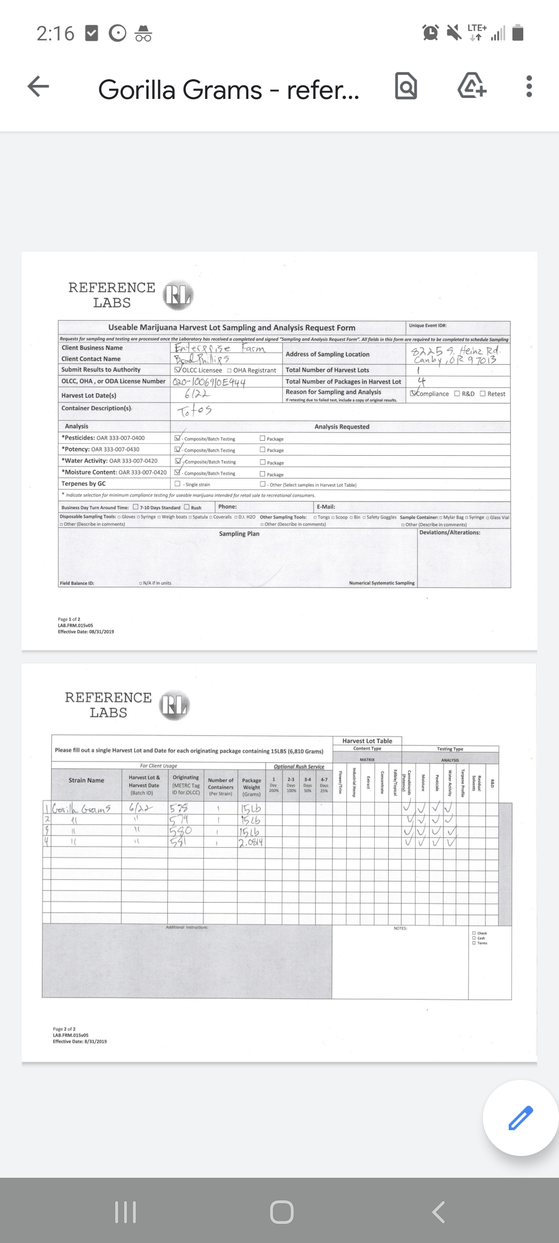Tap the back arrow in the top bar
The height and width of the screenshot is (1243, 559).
pyautogui.click(x=38, y=86)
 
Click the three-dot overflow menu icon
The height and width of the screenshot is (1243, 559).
pyautogui.click(x=528, y=86)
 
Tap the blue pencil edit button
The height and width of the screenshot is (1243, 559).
pyautogui.click(x=520, y=1117)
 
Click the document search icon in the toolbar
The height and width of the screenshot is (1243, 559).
pyautogui.click(x=406, y=86)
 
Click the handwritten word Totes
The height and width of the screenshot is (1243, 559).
pyautogui.click(x=194, y=411)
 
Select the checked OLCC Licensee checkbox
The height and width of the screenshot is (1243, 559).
pyautogui.click(x=178, y=370)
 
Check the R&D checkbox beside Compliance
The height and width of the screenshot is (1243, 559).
pyautogui.click(x=457, y=394)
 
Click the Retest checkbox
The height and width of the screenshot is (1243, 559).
pyautogui.click(x=482, y=394)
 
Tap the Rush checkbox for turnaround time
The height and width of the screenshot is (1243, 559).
pyautogui.click(x=187, y=507)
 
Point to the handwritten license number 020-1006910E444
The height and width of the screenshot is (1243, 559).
pyautogui.click(x=209, y=382)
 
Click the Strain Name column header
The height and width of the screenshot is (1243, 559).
pyautogui.click(x=86, y=781)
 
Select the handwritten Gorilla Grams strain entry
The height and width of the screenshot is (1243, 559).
pyautogui.click(x=82, y=809)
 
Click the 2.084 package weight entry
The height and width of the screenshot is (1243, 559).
pyautogui.click(x=251, y=842)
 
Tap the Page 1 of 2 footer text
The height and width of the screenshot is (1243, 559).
pyautogui.click(x=69, y=619)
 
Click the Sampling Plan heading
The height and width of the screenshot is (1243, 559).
pyautogui.click(x=239, y=534)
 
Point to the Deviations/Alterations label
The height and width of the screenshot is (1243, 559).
pyautogui.click(x=449, y=532)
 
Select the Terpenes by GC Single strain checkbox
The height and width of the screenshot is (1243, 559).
pyautogui.click(x=178, y=484)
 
